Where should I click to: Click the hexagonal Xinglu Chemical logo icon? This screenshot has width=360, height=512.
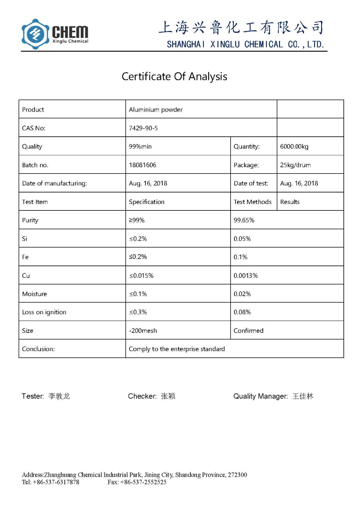pyautogui.click(x=35, y=34)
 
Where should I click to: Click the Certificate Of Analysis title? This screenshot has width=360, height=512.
pyautogui.click(x=174, y=77)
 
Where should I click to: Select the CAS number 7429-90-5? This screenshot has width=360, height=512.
pyautogui.click(x=143, y=128)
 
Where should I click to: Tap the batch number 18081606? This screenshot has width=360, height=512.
pyautogui.click(x=143, y=165)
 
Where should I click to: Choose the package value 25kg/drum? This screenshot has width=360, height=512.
pyautogui.click(x=295, y=165)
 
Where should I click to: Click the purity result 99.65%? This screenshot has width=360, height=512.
pyautogui.click(x=244, y=220)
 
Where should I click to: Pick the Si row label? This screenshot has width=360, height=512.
pyautogui.click(x=24, y=239)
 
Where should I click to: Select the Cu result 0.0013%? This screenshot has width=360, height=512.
pyautogui.click(x=246, y=276)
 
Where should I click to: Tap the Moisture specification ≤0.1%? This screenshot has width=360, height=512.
pyautogui.click(x=138, y=294)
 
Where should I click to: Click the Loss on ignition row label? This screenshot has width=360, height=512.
pyautogui.click(x=44, y=312)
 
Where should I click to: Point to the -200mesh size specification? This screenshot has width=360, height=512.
pyautogui.click(x=143, y=331)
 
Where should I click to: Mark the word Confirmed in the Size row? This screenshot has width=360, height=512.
pyautogui.click(x=248, y=331)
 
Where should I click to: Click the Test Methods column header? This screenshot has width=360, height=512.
pyautogui.click(x=252, y=202)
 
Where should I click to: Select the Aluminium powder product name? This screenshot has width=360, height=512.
pyautogui.click(x=156, y=110)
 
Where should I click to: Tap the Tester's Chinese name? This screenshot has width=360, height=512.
pyautogui.click(x=59, y=396)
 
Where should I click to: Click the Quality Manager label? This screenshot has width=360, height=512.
pyautogui.click(x=260, y=396)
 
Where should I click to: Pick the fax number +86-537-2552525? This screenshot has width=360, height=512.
pyautogui.click(x=143, y=482)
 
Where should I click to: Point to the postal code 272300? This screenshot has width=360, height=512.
pyautogui.click(x=238, y=475)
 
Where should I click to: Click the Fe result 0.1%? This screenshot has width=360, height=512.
pyautogui.click(x=240, y=257)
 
